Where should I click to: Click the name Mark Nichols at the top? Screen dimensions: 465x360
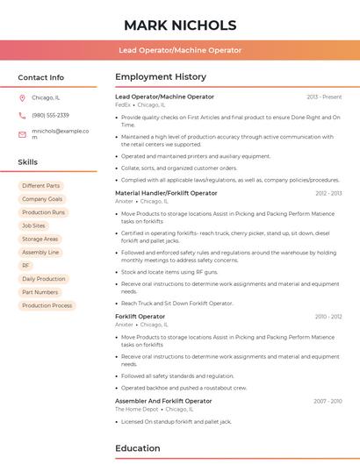click(x=180, y=25)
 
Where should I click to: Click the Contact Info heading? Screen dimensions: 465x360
click(x=41, y=77)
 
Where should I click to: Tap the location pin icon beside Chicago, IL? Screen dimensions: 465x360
click(x=22, y=97)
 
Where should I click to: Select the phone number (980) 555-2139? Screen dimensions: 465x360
click(x=50, y=115)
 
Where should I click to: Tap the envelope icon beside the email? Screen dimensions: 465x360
click(x=22, y=133)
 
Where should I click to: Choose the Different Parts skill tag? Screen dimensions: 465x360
click(x=41, y=186)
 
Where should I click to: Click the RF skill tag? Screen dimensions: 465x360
click(x=25, y=265)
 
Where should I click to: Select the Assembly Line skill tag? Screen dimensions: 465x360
click(x=40, y=252)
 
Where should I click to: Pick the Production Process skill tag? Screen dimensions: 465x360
click(x=47, y=305)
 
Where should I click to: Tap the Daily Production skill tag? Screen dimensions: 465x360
click(x=44, y=279)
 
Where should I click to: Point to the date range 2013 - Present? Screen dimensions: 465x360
click(x=324, y=97)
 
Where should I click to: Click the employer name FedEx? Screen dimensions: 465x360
click(x=122, y=104)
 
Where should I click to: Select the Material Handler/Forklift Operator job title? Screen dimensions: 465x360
click(x=166, y=192)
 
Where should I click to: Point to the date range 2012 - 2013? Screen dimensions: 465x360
click(x=328, y=192)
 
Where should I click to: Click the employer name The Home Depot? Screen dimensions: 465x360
click(x=136, y=409)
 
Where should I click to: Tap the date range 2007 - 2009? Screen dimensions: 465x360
click(x=328, y=401)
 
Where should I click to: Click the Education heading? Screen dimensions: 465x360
click(x=138, y=448)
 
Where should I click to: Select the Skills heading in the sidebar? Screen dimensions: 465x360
click(x=28, y=162)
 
